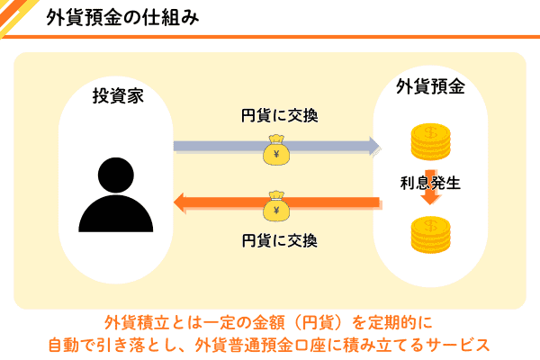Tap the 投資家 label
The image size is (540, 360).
pyautogui.click(x=118, y=94)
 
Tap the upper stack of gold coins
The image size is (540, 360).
pyautogui.click(x=430, y=142)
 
